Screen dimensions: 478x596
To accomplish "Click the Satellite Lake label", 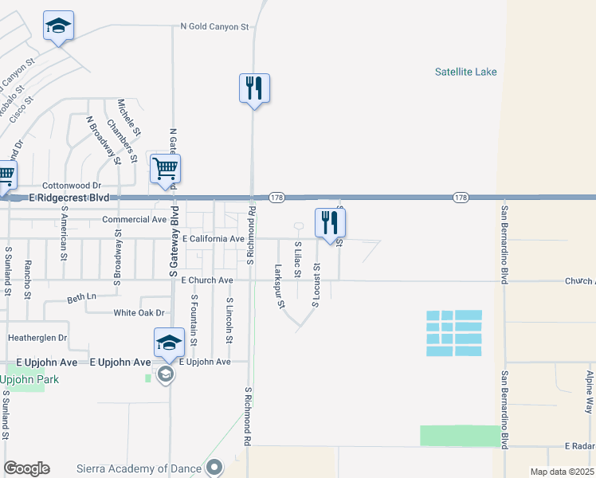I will [465, 72].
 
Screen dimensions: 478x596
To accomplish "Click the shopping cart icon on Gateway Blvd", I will [165, 168].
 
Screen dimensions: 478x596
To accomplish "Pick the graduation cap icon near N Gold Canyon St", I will [59, 25].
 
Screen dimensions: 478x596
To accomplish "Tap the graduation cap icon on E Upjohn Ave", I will [169, 343].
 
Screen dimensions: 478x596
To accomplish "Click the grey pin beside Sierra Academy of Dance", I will [214, 467].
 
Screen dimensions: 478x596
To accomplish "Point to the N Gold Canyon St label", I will [215, 26].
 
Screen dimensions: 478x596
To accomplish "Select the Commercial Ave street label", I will [134, 219].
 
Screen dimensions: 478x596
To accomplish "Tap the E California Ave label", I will [213, 238].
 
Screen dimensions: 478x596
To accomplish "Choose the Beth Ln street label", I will [81, 297].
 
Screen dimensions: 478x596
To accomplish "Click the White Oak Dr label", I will [139, 313].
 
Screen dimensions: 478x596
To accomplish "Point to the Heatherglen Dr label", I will [37, 338].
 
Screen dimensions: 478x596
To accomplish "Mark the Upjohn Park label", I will [30, 380].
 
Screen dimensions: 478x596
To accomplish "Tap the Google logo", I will [26, 468].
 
